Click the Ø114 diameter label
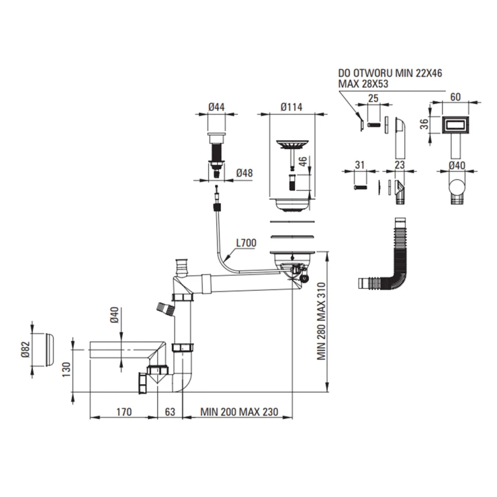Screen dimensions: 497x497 tap(291, 107)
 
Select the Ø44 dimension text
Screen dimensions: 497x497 tap(216, 107)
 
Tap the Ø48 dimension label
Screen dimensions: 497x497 tap(244, 173)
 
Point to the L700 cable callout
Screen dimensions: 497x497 tap(246, 243)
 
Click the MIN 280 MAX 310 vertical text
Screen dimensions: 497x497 tap(322, 321)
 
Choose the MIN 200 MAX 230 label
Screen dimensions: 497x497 tap(239, 412)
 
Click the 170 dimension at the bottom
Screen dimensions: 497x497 tap(124, 412)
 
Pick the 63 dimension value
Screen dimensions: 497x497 tap(170, 412)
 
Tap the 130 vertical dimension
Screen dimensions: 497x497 tap(66, 369)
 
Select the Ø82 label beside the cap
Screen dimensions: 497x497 tap(26, 350)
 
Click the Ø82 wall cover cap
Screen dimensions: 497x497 tap(50, 350)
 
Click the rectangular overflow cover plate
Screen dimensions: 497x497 tap(455, 125)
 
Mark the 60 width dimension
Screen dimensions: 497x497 tap(455, 97)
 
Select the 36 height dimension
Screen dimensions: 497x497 tap(424, 124)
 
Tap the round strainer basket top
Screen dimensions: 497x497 tap(292, 144)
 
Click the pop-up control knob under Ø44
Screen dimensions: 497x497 tap(216, 138)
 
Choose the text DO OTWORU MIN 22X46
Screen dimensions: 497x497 tap(390, 73)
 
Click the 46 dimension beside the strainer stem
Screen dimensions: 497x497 tap(304, 161)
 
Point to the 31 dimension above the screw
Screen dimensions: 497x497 tap(359, 165)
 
